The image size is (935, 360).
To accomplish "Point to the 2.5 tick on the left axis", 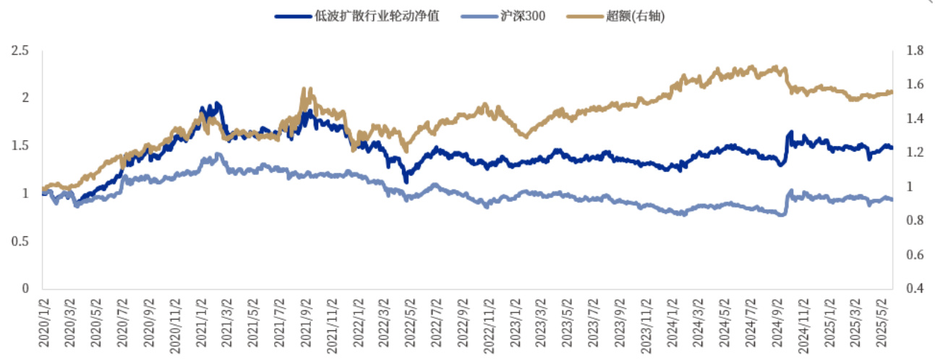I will click(x=20, y=51).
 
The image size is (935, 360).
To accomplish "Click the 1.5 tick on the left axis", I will click(x=20, y=146).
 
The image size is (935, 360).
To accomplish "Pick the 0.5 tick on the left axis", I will click(x=20, y=241).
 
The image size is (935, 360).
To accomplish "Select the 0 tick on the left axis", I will click(x=25, y=288).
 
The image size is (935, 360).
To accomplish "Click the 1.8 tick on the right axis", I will click(x=914, y=51).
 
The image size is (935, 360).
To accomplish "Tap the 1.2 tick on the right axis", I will click(x=914, y=153).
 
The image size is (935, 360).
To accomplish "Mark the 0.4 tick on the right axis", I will click(x=914, y=288).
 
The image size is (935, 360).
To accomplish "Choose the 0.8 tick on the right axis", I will click(x=914, y=220).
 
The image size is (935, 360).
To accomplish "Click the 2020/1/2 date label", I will click(x=45, y=325).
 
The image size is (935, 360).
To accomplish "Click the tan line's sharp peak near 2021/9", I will click(x=303, y=90).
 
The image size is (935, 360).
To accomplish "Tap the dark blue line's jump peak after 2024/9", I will click(x=790, y=132).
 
